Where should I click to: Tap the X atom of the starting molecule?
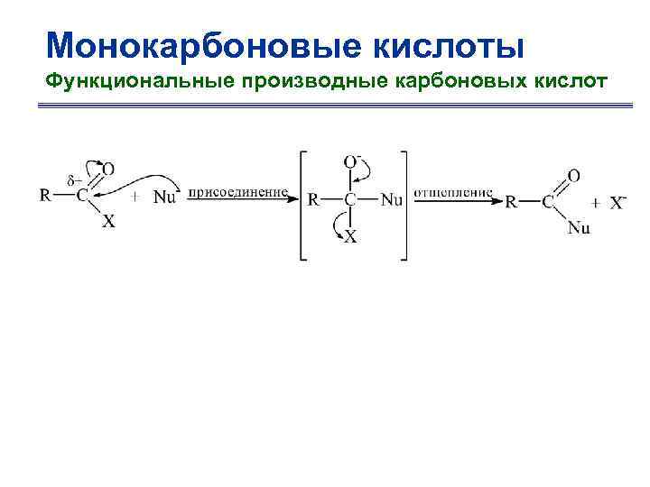[x=107, y=221]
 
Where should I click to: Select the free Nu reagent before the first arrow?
[x=164, y=197]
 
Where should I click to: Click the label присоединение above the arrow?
[x=238, y=191]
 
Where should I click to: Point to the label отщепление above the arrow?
[x=454, y=191]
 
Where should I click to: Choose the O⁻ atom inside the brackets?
[x=353, y=161]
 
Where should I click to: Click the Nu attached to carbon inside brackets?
[x=391, y=199]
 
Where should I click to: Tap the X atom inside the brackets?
[x=351, y=237]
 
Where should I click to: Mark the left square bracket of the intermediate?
[x=302, y=202]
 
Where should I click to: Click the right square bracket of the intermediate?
[x=404, y=202]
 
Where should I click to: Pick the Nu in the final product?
[x=579, y=227]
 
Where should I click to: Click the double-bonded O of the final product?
[x=573, y=175]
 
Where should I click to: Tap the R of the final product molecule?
[x=511, y=202]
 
